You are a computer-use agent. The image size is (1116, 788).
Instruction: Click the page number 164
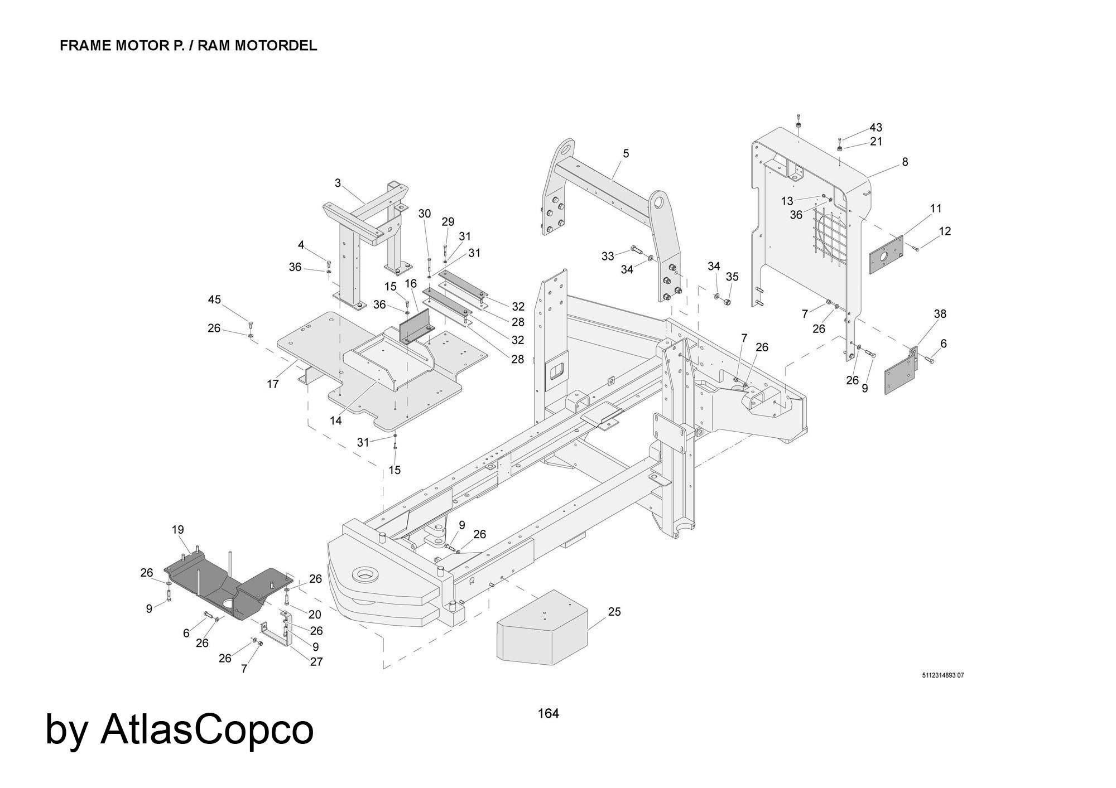tap(548, 713)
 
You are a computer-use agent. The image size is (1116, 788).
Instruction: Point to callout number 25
tap(614, 612)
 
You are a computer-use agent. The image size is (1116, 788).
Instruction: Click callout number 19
tap(178, 529)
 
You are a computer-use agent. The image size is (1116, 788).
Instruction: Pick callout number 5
tap(626, 153)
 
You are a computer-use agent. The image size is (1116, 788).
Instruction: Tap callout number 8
tap(905, 162)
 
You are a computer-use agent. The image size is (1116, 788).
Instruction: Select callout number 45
tap(214, 299)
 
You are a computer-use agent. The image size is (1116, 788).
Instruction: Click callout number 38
tap(940, 314)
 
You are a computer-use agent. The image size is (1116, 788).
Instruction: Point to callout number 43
tap(876, 128)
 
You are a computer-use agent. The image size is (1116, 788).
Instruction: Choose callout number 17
tap(273, 384)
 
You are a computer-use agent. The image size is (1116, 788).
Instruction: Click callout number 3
tap(338, 183)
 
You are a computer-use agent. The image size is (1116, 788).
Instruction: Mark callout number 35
tap(732, 277)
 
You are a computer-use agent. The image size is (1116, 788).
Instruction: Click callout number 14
tap(335, 421)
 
